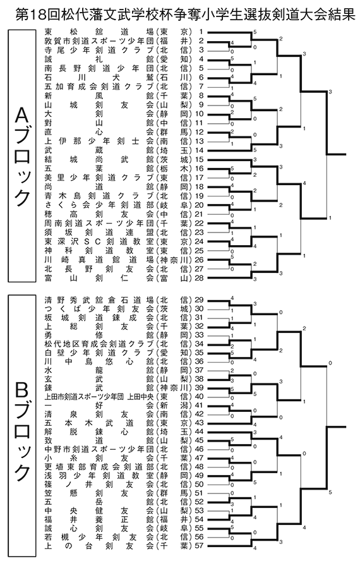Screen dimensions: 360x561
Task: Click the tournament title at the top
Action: pos(185,15)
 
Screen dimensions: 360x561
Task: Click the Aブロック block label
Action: pos(22,156)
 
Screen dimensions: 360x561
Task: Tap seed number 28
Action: pos(198,277)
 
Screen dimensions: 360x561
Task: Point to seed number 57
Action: pos(198,546)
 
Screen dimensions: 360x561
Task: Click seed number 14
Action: pos(198,150)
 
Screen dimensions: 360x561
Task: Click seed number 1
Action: pos(201,32)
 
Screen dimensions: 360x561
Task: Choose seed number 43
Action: pos(198,423)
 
